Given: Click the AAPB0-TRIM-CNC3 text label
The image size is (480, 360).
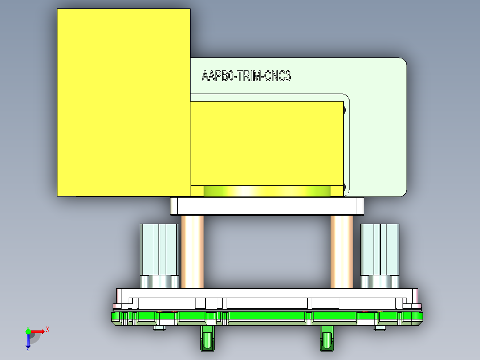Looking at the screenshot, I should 246,76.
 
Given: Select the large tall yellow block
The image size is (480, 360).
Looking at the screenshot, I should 123,102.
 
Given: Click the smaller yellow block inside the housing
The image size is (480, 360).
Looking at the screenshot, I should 266,143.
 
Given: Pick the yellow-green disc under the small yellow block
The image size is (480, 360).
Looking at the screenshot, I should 267,191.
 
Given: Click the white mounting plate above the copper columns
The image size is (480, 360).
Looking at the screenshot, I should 267,206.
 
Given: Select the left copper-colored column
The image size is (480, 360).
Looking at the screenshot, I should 192,252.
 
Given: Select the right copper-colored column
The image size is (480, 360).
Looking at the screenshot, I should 342,252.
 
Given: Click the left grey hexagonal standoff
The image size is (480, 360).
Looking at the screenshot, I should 159,250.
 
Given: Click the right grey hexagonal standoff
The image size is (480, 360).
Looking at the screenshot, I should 379,250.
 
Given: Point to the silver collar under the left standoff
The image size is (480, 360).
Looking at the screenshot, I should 159,282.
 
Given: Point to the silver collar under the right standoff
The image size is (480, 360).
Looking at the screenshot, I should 379,282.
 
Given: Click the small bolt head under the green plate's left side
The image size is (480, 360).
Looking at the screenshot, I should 159,329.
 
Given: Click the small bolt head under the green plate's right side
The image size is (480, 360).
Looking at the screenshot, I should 379,329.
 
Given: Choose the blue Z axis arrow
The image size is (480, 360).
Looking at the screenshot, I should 28,341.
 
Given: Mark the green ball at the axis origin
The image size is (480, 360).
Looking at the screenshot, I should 28,331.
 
